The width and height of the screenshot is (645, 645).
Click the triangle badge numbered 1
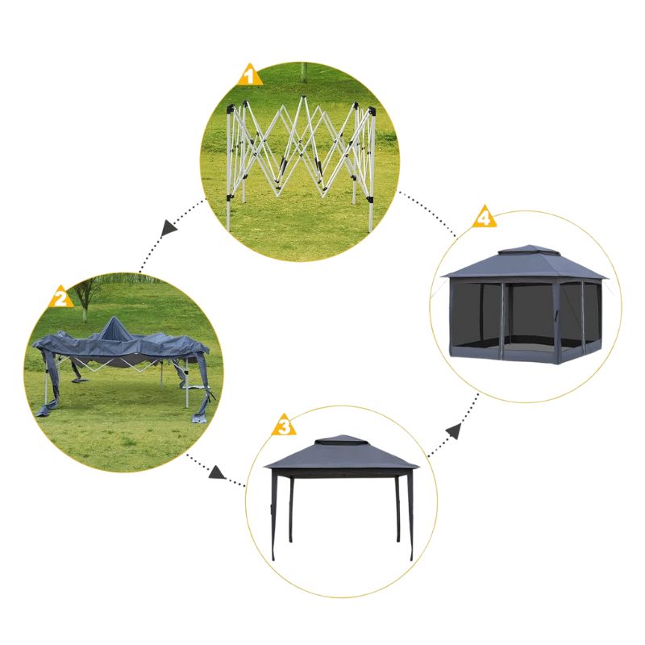click(249, 75)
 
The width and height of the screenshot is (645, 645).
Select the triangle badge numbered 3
click(284, 426)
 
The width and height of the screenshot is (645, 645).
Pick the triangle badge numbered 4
click(485, 217)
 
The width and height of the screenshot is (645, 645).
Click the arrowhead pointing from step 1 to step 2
click(168, 227)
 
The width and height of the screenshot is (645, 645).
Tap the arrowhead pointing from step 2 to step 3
click(216, 472)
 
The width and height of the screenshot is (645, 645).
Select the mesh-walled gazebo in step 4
click(523, 305)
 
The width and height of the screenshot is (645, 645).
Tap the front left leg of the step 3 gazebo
click(274, 515)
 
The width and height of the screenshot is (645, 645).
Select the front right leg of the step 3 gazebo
click(410, 515)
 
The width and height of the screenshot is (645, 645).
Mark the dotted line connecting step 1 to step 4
click(428, 214)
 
